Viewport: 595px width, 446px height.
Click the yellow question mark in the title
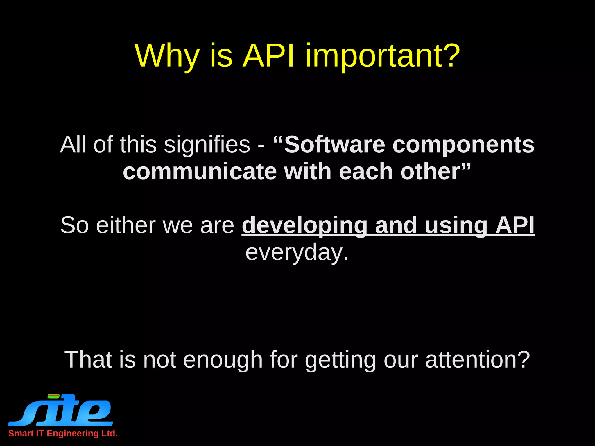pyautogui.click(x=450, y=55)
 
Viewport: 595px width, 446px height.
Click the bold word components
pyautogui.click(x=463, y=145)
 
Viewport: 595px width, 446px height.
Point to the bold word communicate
pyautogui.click(x=200, y=171)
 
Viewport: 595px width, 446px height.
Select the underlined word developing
pyautogui.click(x=305, y=225)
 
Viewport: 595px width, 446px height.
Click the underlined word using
pyautogui.click(x=456, y=225)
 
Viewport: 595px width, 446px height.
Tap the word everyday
pyautogui.click(x=297, y=252)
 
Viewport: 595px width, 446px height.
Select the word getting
pyautogui.click(x=340, y=360)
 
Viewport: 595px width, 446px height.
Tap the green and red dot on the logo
pyautogui.click(x=53, y=396)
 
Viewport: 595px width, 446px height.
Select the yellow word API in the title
pyautogui.click(x=269, y=56)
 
